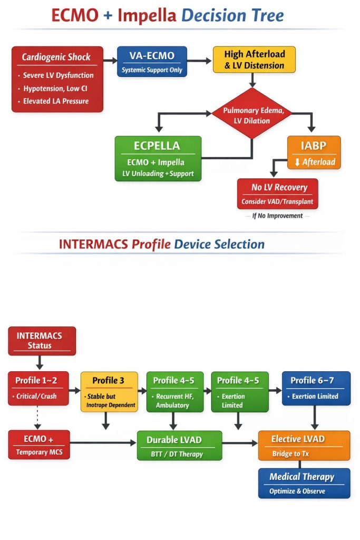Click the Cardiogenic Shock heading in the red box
point(56,57)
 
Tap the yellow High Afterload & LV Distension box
point(254,60)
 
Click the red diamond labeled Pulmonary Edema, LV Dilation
point(251,115)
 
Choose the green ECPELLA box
point(158,159)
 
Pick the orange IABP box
point(314,153)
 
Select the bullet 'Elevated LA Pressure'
point(55,101)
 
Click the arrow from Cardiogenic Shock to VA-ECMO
point(110,60)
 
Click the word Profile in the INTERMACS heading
point(151,244)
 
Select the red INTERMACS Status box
point(42,341)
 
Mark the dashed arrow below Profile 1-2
point(39,417)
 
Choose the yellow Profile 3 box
point(109,392)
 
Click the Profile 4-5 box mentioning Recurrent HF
point(173,392)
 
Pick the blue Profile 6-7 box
point(316,388)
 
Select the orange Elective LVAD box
point(304,445)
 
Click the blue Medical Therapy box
point(304,483)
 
